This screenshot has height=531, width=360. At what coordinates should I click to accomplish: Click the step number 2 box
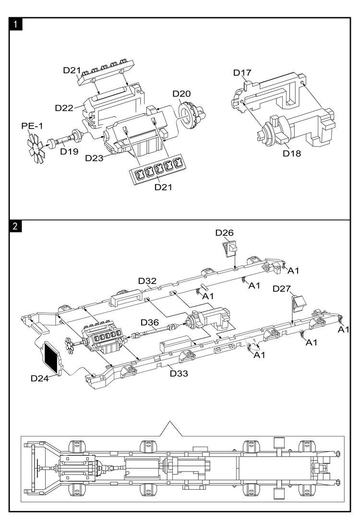point(16,226)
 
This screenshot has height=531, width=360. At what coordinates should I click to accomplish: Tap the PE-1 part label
point(32,126)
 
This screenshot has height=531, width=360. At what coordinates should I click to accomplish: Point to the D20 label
point(181,93)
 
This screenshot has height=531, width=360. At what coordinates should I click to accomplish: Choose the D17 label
point(242,72)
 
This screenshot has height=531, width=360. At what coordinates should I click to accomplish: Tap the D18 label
point(291,153)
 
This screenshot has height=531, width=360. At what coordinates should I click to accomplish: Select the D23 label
point(95,158)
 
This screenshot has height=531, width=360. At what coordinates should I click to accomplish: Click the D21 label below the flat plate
point(164,187)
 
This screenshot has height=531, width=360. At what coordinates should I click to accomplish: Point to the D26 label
point(224,233)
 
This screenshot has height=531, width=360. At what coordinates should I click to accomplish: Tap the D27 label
point(282,288)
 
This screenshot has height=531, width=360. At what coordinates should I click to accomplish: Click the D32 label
point(147,281)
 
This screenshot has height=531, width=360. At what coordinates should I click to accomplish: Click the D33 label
point(179,373)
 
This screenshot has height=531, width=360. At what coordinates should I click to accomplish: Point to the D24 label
point(40,378)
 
